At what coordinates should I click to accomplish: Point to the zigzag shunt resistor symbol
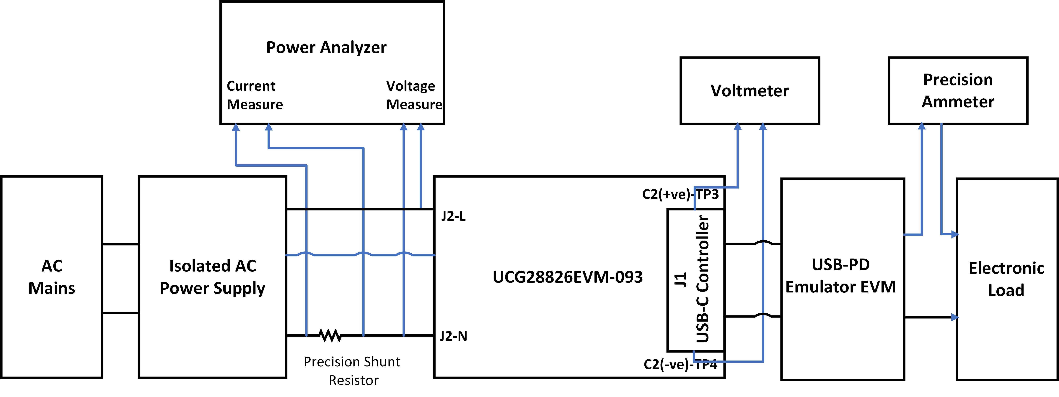coord(330,335)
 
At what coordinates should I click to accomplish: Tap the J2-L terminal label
coord(453,216)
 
